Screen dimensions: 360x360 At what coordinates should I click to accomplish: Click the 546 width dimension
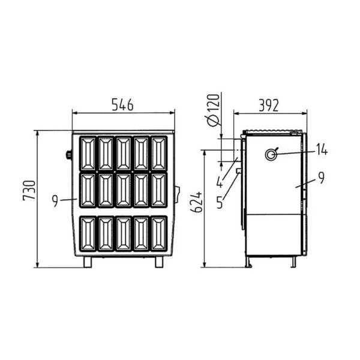122,104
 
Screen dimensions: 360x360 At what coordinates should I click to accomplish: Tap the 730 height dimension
29,191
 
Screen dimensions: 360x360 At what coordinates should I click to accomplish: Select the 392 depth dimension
269,106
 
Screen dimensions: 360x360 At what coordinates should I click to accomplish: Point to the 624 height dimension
196,202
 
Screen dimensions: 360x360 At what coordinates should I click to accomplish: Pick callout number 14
322,149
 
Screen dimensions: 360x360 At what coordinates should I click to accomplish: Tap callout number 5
220,202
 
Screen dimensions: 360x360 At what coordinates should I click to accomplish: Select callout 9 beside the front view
55,200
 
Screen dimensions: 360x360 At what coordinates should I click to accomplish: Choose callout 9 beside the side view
322,178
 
